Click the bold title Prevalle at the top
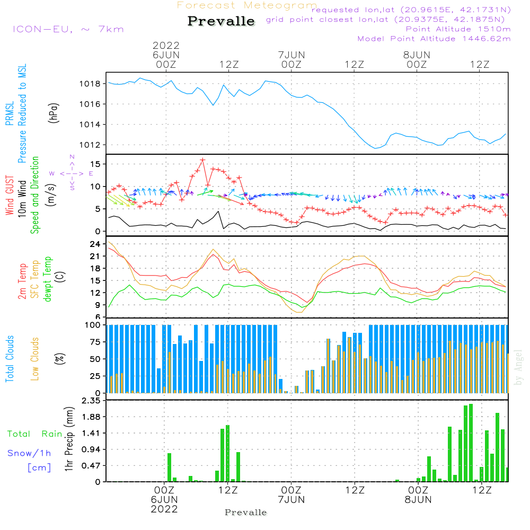pyautogui.click(x=221, y=21)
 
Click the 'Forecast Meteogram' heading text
pyautogui.click(x=247, y=5)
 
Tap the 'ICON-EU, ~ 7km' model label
pyautogui.click(x=68, y=29)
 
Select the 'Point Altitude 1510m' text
pyautogui.click(x=458, y=29)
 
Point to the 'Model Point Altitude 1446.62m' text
pyautogui.click(x=434, y=38)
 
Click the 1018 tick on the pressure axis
pyautogui.click(x=92, y=84)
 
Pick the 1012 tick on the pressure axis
pyautogui.click(x=92, y=145)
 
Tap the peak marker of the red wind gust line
pyautogui.click(x=202, y=160)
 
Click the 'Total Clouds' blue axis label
pyautogui.click(x=10, y=358)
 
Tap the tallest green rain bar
pyautogui.click(x=471, y=443)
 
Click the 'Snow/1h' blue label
pyautogui.click(x=29, y=453)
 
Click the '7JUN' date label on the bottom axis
pyautogui.click(x=291, y=499)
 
